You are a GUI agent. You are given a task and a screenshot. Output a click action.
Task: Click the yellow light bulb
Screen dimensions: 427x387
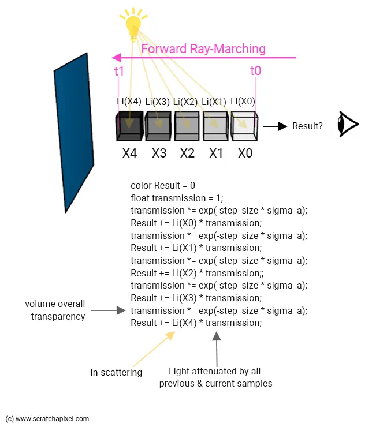pos(133,25)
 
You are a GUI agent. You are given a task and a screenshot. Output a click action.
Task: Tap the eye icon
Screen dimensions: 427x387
pos(348,125)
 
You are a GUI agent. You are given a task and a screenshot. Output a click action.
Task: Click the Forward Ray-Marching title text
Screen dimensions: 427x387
pos(203,48)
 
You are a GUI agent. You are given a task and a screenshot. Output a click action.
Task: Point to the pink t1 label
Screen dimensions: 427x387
pos(119,72)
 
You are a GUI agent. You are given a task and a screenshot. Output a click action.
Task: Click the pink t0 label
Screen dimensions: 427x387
pos(255,71)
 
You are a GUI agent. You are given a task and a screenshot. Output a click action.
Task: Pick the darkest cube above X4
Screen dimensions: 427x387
pos(129,126)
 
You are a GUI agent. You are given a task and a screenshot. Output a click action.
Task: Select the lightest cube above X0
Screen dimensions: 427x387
pos(244,125)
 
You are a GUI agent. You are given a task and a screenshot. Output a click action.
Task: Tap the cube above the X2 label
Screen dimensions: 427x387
pos(187,125)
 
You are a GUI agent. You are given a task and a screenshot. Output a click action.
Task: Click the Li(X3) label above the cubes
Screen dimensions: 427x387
pos(157,102)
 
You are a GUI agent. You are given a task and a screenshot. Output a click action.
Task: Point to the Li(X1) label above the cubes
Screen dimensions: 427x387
pos(214,102)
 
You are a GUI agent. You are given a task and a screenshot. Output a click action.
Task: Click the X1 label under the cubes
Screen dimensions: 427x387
pos(216,154)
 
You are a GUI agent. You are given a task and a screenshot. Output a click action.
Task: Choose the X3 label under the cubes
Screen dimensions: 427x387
pos(159,154)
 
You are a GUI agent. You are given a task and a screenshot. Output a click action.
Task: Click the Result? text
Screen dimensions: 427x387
pos(307,126)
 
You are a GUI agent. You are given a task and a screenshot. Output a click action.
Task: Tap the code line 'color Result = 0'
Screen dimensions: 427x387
pos(163,186)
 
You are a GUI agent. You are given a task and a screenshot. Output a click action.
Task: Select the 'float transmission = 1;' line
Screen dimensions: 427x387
pos(177,198)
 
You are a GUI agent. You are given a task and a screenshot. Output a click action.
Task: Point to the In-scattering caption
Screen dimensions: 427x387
pos(116,372)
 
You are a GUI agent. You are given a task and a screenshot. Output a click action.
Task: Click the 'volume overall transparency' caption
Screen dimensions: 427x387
pos(55,310)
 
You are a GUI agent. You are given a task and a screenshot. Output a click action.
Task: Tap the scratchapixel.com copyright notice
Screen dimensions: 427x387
pos(47,419)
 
